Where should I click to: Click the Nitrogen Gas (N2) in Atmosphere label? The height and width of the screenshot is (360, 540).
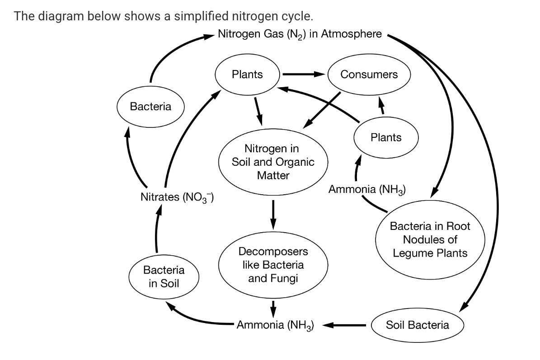coord(300,34)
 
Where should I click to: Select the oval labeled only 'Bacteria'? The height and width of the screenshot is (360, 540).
coord(150,107)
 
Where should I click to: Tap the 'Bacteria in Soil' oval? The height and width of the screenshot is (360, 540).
coord(164,276)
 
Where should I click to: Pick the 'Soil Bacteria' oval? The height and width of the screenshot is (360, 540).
coord(417,325)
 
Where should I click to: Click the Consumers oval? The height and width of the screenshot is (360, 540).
coord(369,75)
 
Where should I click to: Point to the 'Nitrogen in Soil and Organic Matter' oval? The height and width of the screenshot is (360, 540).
coord(273,161)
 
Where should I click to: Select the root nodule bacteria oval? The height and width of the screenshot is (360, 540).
coord(430,239)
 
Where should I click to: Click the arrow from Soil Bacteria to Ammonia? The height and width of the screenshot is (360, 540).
coord(343,325)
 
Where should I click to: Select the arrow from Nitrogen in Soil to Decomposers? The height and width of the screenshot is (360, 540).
coord(273,214)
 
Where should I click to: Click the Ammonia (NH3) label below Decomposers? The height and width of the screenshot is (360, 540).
coord(276,325)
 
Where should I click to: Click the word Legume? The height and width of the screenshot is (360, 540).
coord(411,252)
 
